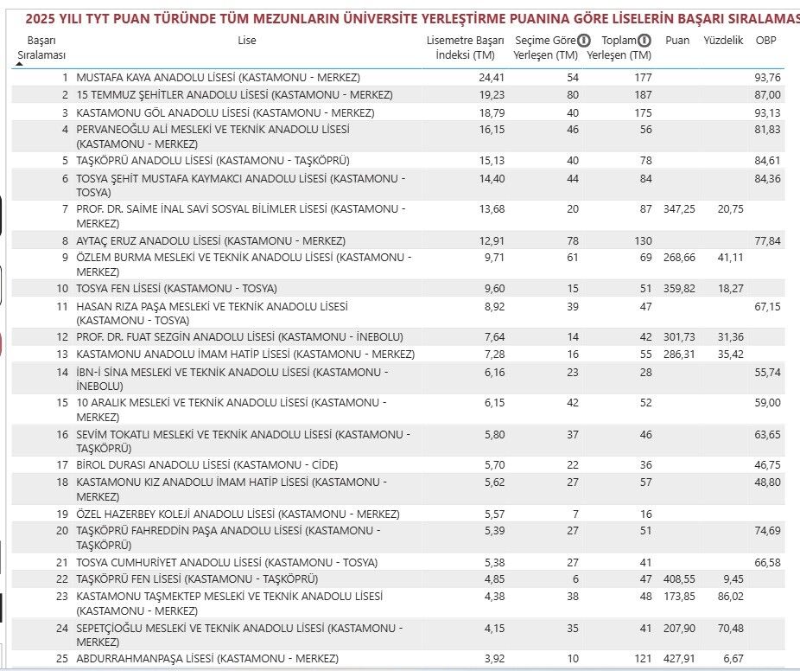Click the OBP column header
[765, 41]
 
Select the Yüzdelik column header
[723, 41]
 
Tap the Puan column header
[678, 41]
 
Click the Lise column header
[247, 41]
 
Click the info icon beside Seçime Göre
[584, 41]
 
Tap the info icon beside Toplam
[644, 41]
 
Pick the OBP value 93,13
[769, 112]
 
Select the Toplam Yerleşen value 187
[642, 95]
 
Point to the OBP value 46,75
[769, 465]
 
